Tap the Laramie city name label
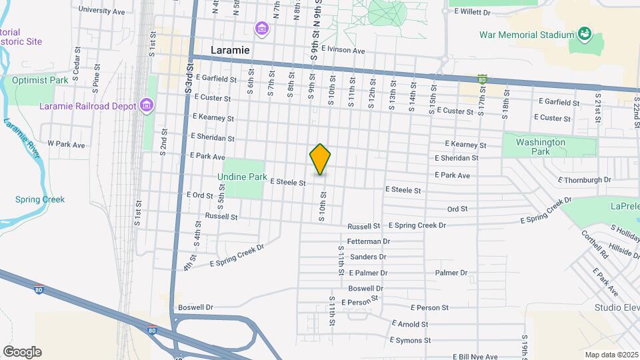[230, 50]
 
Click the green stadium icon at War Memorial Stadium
[585, 33]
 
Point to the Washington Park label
[541, 147]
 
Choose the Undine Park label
[241, 177]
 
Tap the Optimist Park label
[40, 80]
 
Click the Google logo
[21, 352]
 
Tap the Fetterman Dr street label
[369, 241]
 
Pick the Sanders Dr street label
[368, 257]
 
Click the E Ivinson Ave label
[343, 51]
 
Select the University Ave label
[101, 11]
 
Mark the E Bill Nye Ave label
[475, 357]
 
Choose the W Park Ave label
[66, 144]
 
